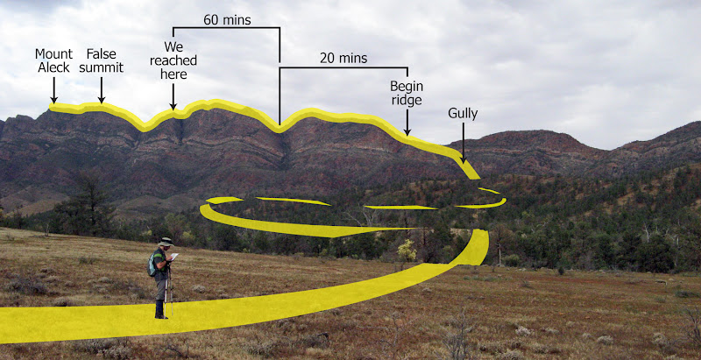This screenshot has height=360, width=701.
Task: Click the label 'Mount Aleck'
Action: pyautogui.click(x=53, y=60)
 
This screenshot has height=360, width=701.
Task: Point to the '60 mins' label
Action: pyautogui.click(x=224, y=18)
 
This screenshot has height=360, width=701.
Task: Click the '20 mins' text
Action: pyautogui.click(x=344, y=59)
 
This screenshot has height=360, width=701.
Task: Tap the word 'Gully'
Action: pyautogui.click(x=463, y=113)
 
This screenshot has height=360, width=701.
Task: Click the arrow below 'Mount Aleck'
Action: pyautogui.click(x=53, y=90)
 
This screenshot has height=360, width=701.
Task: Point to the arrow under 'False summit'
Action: pyautogui.click(x=102, y=90)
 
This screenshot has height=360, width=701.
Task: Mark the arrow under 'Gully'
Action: pyautogui.click(x=463, y=142)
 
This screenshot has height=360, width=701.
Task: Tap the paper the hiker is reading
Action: pyautogui.click(x=174, y=257)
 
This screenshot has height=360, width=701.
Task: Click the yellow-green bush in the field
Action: pyautogui.click(x=407, y=251)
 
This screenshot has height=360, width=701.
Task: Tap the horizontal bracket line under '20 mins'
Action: pyautogui.click(x=343, y=67)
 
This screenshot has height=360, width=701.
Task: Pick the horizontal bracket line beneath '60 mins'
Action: pyautogui.click(x=226, y=27)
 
